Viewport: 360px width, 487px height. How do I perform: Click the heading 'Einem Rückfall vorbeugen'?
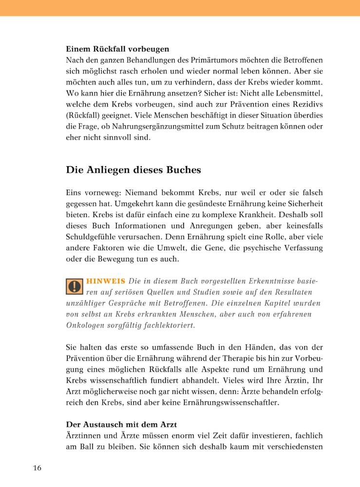tap(117, 49)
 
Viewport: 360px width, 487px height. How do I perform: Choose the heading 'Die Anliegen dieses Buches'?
tap(133, 170)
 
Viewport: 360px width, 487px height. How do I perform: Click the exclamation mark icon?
tap(74, 286)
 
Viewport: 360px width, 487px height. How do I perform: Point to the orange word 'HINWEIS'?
tap(105, 281)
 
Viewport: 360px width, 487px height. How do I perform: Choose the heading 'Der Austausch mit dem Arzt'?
tap(121, 425)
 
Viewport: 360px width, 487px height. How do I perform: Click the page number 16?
tap(38, 468)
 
